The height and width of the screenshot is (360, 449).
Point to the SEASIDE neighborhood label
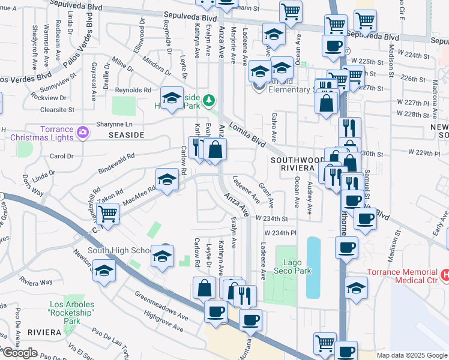coord(127,135)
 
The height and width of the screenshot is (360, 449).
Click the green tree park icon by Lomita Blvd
coord(208,100)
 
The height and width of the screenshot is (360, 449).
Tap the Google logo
coord(20,353)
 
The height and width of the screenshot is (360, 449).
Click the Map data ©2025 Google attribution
coord(412,355)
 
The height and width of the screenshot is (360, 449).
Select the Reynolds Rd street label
coord(134,90)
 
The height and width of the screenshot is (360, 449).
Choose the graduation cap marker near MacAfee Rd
coord(166,179)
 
